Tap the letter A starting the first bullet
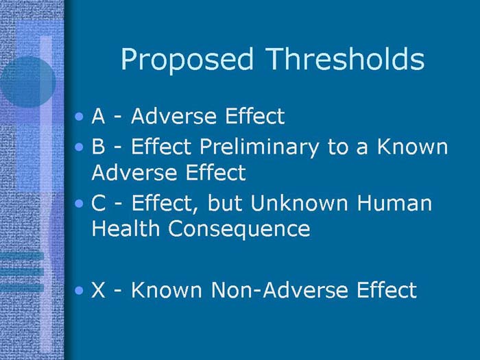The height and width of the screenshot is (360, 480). (x=98, y=117)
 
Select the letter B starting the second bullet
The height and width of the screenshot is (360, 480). (x=98, y=147)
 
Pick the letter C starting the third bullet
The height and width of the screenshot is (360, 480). (x=98, y=204)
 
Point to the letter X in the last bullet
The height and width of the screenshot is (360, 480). (x=98, y=290)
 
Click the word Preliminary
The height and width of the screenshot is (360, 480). (x=250, y=147)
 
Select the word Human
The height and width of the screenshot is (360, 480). (x=398, y=204)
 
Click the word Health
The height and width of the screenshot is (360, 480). (x=125, y=229)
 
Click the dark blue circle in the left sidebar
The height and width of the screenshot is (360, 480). (x=26, y=81)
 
